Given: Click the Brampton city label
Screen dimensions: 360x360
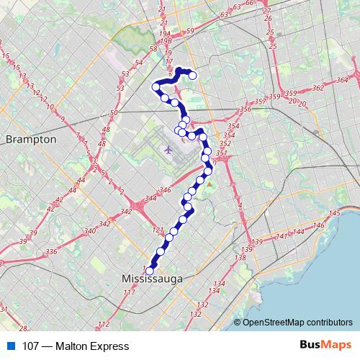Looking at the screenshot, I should pyautogui.click(x=30, y=139).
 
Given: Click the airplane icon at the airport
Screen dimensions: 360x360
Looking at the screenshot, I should pyautogui.click(x=168, y=150).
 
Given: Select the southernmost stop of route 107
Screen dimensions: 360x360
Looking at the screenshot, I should pyautogui.click(x=150, y=271).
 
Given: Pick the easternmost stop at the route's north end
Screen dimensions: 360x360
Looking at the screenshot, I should pyautogui.click(x=192, y=76).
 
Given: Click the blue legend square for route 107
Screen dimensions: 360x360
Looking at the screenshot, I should pyautogui.click(x=10, y=346).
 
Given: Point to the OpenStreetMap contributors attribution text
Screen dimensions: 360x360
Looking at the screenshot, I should pyautogui.click(x=297, y=323).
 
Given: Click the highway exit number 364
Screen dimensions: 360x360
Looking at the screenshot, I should pyautogui.click(x=342, y=79).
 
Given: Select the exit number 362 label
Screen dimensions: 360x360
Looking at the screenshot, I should pyautogui.click(x=318, y=88).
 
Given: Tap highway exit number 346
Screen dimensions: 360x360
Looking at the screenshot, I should pyautogui.click(x=165, y=190).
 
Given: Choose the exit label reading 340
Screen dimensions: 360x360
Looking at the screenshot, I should pyautogui.click(x=90, y=231).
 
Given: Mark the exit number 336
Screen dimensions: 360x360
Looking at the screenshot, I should pyautogui.click(x=51, y=251).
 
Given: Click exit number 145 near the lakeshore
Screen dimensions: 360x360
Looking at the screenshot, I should pyautogui.click(x=333, y=215).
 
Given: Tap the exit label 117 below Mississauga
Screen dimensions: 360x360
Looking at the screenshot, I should pyautogui.click(x=130, y=292).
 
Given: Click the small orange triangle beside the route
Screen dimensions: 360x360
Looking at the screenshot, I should pyautogui.click(x=209, y=184).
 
